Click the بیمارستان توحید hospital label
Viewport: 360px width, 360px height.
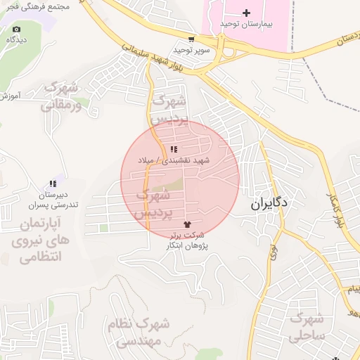pyautogui.click(x=245, y=24)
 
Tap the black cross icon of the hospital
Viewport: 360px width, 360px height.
pyautogui.click(x=246, y=13)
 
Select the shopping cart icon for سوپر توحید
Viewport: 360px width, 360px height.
pyautogui.click(x=191, y=39)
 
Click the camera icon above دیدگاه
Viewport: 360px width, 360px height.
pyautogui.click(x=17, y=30)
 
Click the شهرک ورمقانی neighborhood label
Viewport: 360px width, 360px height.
pyautogui.click(x=60, y=97)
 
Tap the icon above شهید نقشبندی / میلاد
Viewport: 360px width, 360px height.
pyautogui.click(x=174, y=149)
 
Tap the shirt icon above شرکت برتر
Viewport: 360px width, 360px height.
pyautogui.click(x=186, y=224)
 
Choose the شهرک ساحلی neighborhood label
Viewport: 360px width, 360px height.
pyautogui.click(x=309, y=327)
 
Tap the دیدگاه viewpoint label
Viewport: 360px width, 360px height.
pyautogui.click(x=17, y=40)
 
